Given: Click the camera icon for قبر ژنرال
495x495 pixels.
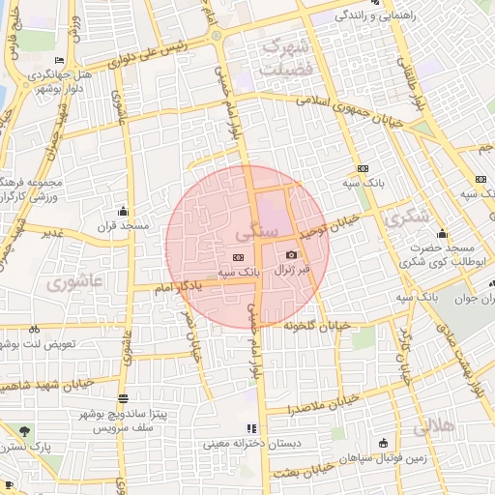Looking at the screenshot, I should coord(291,254).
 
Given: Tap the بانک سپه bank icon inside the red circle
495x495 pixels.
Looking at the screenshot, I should coord(238,257).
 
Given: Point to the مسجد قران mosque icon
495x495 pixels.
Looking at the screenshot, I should coord(123,212).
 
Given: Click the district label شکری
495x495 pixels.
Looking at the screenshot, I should coord(405,218).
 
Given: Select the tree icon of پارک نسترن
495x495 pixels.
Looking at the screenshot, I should coord(23,431).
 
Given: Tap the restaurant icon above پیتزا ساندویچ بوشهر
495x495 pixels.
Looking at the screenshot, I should coord(123,398).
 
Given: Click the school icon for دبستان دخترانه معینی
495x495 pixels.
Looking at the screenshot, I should coord(252,427).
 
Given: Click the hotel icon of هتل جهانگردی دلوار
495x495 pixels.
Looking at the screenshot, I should coord(61,60).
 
